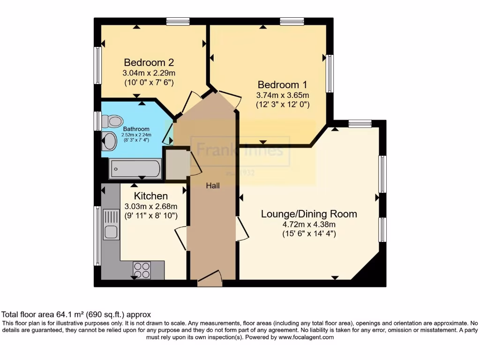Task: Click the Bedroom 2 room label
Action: (149, 62)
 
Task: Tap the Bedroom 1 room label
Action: (282, 85)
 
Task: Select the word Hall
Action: (213, 186)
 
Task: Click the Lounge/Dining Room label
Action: (309, 214)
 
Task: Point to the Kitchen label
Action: (151, 196)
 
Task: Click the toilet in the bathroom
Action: (111, 121)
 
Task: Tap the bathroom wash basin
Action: (110, 141)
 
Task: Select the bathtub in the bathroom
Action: (135, 168)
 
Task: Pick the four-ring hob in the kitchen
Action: (142, 270)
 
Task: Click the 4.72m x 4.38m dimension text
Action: (309, 224)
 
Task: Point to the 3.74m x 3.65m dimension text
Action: (282, 95)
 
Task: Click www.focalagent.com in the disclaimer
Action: (306, 337)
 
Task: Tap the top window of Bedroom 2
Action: (178, 21)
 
